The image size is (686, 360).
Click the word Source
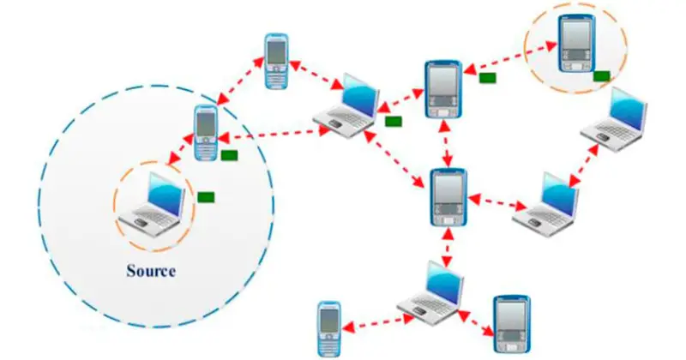[150, 272]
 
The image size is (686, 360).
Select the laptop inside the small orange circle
[153, 202]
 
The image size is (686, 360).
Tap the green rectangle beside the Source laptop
[205, 197]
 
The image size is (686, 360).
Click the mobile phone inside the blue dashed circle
[206, 134]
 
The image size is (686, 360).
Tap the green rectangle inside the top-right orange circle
[601, 75]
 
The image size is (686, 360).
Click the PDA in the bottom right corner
[511, 324]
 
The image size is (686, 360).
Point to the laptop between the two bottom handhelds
[433, 291]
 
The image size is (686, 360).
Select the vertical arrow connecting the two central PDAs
[446, 143]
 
